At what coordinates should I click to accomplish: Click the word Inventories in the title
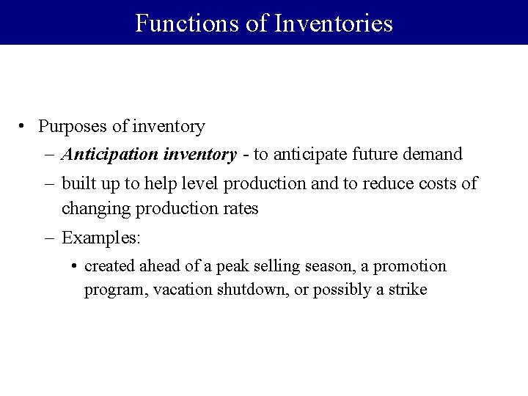click(334, 23)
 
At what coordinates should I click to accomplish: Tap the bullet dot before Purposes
click(24, 126)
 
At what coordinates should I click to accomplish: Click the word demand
click(435, 155)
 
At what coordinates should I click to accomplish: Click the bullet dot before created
click(76, 265)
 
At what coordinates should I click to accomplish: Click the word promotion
click(413, 265)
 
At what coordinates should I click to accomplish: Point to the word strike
click(407, 290)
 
